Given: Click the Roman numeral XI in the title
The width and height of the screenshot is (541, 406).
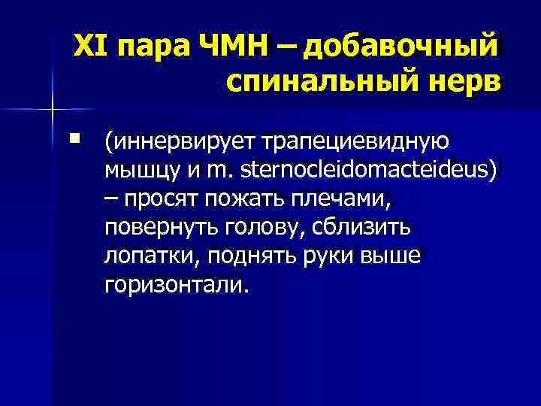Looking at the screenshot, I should pos(89,47).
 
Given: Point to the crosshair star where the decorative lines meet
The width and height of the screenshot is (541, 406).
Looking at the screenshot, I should pos(53,110).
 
